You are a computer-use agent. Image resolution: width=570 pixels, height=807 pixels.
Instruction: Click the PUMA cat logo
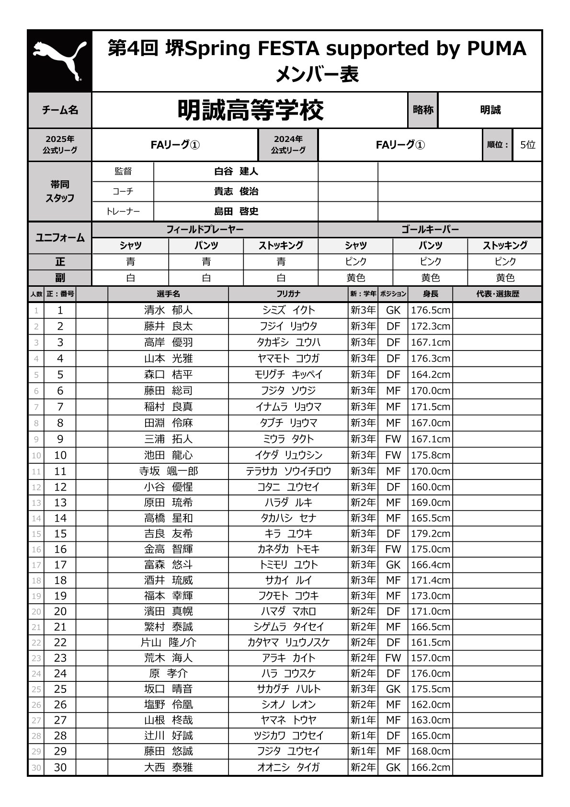(60, 61)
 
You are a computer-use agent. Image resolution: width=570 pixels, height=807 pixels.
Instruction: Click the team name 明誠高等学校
(251, 110)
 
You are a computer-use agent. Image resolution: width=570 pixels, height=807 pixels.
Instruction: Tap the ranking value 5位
(527, 145)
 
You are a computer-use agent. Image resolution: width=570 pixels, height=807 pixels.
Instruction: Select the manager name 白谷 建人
(236, 172)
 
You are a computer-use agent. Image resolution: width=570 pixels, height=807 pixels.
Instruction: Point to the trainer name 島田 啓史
(236, 211)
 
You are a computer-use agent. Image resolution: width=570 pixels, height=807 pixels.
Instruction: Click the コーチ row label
(123, 192)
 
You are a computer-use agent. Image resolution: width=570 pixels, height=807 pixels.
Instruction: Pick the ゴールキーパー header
(430, 230)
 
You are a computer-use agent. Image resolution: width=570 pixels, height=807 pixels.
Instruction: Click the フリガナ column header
(288, 294)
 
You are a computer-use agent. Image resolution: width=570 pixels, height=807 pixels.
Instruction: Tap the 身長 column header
(430, 294)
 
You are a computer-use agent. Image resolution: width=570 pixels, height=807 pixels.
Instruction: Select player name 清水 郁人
(168, 310)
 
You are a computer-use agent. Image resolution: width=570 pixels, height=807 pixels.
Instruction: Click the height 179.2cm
(430, 534)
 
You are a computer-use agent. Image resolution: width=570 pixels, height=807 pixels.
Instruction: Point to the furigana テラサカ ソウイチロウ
(288, 471)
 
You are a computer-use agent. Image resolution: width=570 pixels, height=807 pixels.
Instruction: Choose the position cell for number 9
(393, 439)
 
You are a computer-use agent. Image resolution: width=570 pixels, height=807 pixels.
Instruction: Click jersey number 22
(60, 643)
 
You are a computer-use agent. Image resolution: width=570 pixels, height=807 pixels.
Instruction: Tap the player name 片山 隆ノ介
(168, 643)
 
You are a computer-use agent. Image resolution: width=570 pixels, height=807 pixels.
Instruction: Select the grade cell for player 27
(363, 720)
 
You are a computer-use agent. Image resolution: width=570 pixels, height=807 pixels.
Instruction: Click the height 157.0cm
(430, 658)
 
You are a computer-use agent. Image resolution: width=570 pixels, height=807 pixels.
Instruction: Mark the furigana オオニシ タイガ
(288, 767)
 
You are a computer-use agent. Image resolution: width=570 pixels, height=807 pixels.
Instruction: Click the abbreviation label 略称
(422, 110)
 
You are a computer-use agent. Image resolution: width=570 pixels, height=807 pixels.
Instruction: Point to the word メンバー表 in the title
(317, 75)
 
